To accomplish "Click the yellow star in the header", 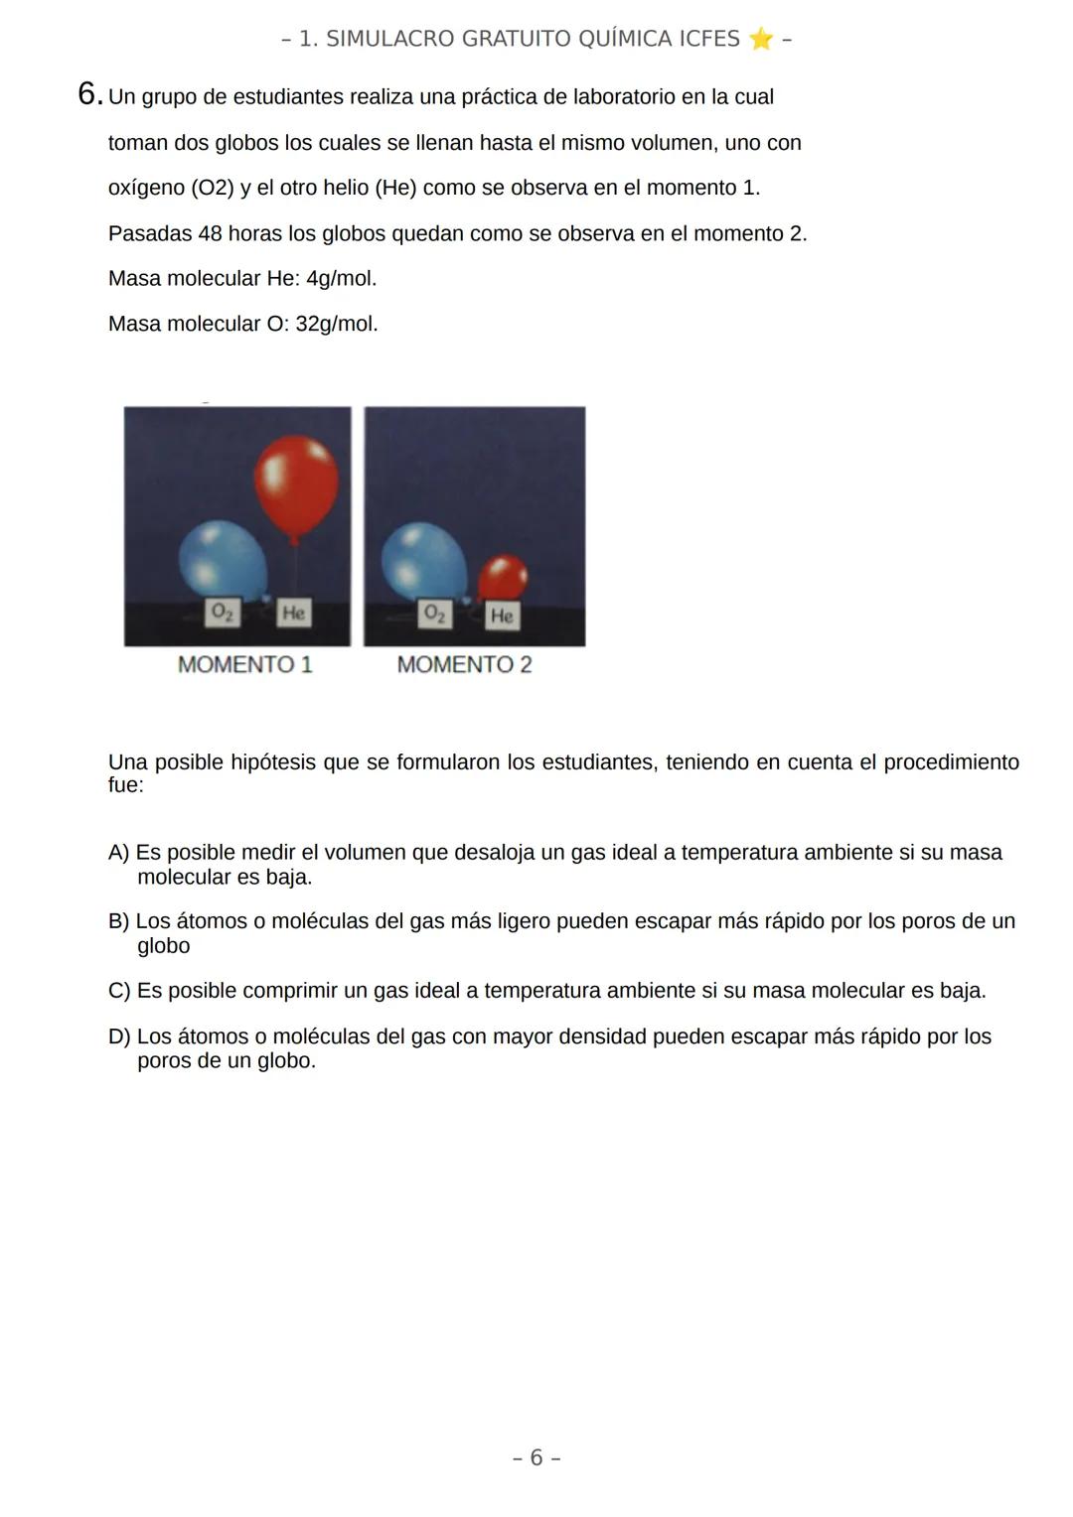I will (760, 39).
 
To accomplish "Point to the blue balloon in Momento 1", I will (223, 559).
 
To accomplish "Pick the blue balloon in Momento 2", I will (424, 563).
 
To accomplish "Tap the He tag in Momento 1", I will (292, 613).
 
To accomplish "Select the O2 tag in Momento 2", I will (434, 614).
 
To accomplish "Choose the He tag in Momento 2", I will (502, 616).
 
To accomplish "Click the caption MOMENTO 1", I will (244, 665).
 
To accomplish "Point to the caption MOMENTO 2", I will (464, 665).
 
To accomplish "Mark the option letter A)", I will (118, 853).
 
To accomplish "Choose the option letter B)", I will (118, 921).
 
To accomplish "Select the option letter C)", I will (119, 991).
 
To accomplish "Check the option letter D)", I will (119, 1036).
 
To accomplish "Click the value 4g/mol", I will (341, 279).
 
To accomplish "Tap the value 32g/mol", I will (337, 325).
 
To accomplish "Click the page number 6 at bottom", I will (536, 1457).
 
